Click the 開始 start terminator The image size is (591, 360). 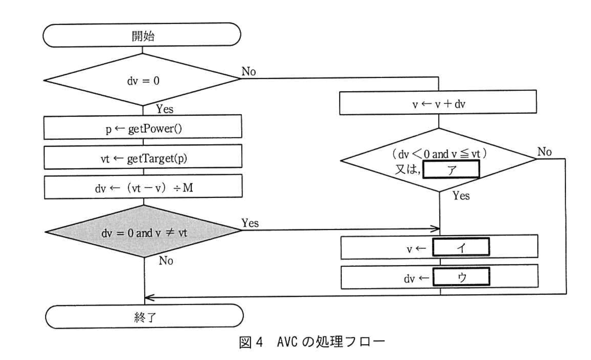[x=142, y=35]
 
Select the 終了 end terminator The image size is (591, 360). [x=144, y=317]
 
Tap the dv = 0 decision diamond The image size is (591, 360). [x=143, y=80]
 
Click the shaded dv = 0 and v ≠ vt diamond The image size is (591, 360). [x=144, y=232]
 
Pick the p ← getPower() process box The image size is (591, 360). [x=143, y=128]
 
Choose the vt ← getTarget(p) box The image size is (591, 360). [x=143, y=158]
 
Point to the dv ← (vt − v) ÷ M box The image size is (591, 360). [x=143, y=187]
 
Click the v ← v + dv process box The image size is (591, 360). [x=438, y=103]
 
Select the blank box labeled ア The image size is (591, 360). [x=451, y=169]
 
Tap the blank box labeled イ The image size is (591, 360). [x=461, y=247]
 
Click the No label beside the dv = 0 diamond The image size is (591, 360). [x=248, y=72]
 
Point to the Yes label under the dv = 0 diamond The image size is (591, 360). [x=165, y=109]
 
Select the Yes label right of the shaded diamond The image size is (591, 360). [x=250, y=223]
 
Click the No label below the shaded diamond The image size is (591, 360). [x=166, y=260]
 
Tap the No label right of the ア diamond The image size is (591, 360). [x=544, y=151]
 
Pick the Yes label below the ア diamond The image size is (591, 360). [x=461, y=196]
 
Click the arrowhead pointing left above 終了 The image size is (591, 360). [x=149, y=298]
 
